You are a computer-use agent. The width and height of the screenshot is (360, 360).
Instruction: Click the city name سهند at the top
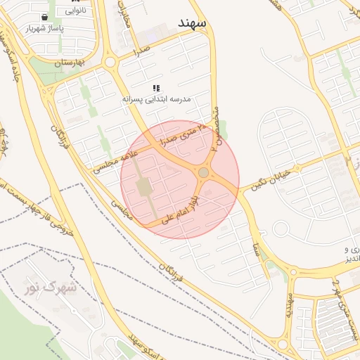191,24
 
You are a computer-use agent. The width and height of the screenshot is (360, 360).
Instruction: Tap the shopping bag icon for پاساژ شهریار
45,16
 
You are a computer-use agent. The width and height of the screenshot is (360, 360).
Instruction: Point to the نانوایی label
77,10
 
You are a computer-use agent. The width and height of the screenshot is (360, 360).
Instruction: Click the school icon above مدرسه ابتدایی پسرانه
156,89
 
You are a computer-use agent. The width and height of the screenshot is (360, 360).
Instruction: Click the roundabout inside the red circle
203,172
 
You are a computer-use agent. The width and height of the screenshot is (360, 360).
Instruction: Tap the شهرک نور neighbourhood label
50,288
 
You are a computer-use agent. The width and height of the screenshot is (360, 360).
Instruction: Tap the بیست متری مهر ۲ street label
345,309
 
